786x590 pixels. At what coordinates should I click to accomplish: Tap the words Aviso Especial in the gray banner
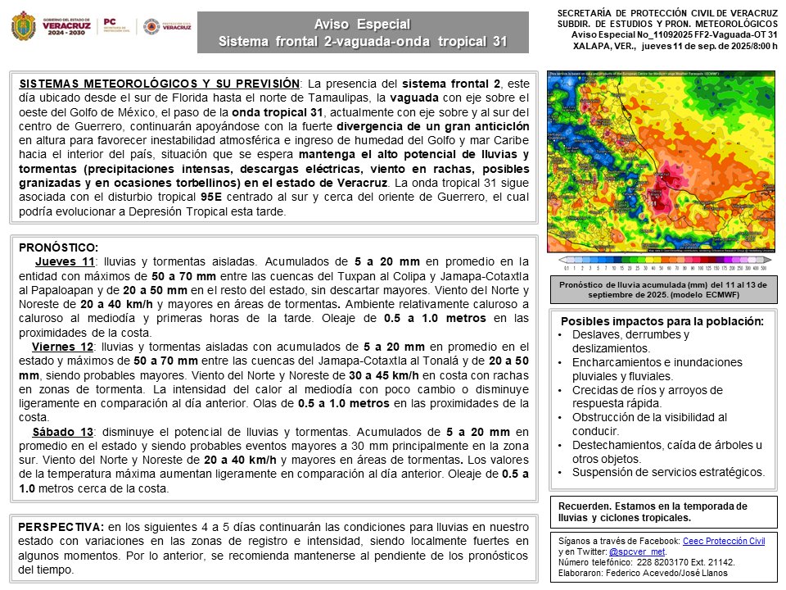point(362,24)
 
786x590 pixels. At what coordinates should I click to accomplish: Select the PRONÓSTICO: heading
point(57,247)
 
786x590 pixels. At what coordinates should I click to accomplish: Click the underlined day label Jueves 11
point(65,261)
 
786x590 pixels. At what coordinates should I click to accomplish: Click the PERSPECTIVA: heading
point(61,526)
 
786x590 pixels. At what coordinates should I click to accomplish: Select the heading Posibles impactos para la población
point(662,320)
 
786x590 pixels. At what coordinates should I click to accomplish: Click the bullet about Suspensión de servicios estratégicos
point(668,472)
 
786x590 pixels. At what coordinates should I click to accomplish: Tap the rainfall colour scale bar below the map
point(662,267)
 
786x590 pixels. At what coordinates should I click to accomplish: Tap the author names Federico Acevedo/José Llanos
point(670,573)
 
